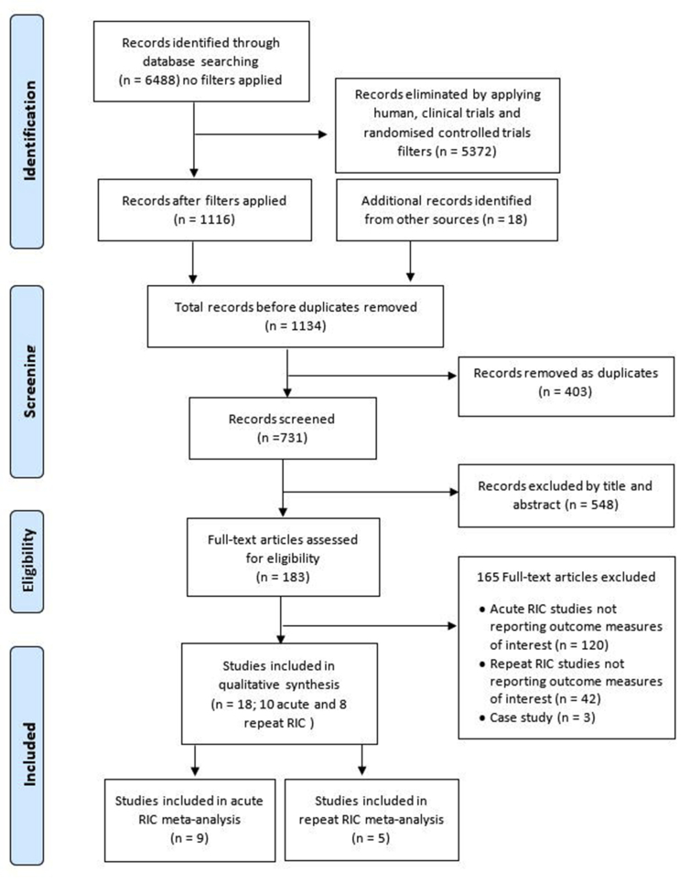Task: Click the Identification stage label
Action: click(29, 131)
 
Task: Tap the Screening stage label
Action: click(29, 381)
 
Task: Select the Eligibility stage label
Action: click(28, 560)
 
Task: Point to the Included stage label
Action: click(29, 754)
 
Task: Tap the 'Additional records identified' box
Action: click(447, 210)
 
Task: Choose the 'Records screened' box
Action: click(282, 428)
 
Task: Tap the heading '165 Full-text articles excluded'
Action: click(566, 577)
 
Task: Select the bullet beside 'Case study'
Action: click(481, 718)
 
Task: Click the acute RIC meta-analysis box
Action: click(189, 820)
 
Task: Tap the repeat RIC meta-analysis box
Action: click(372, 820)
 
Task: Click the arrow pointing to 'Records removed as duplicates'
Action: click(372, 376)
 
